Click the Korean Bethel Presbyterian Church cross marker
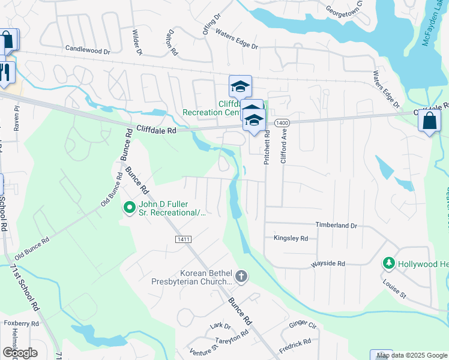241,277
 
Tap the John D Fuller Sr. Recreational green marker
128,208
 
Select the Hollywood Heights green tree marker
389,263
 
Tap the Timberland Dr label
336,225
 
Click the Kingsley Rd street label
291,238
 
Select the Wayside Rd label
328,263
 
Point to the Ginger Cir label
303,325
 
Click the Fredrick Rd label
295,346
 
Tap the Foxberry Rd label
22,323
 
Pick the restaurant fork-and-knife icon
6,73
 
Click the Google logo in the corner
19,353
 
